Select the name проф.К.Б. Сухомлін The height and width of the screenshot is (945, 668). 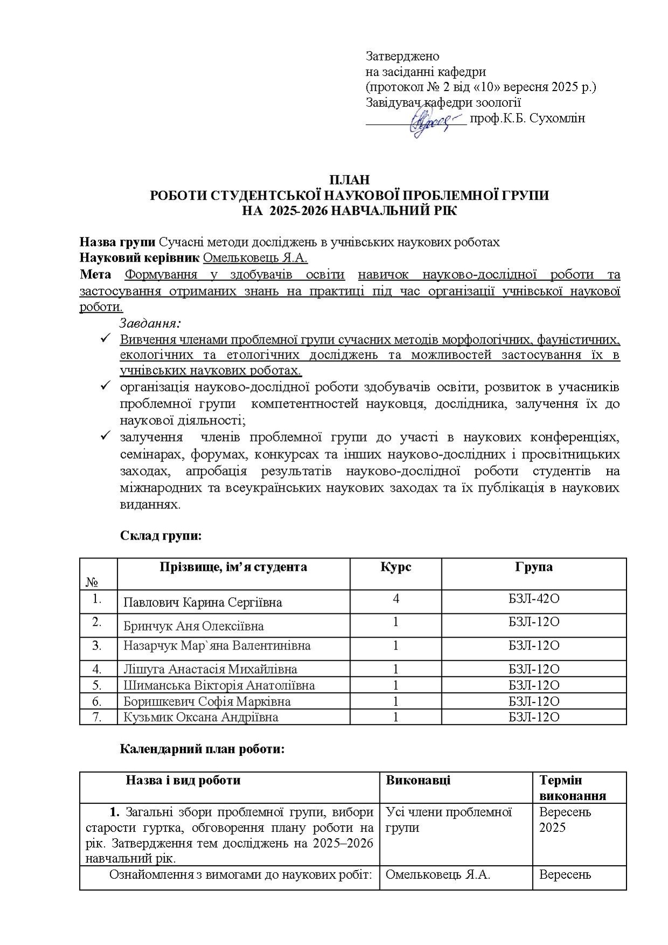point(527,119)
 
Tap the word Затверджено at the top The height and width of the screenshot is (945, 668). point(402,56)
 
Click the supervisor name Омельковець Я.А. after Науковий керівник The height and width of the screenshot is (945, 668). point(255,258)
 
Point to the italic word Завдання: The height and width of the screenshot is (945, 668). point(150,323)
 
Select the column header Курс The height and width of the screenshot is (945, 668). point(395,567)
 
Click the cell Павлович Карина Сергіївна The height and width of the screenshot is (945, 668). point(203,602)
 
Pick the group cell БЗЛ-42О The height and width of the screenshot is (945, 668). point(533,598)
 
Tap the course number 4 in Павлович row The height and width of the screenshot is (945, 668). point(396,598)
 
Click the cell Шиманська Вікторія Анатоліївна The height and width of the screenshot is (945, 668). point(219,685)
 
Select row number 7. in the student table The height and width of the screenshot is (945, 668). point(97,717)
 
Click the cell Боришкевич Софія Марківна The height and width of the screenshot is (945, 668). point(207,701)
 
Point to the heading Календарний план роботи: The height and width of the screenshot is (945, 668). point(202,749)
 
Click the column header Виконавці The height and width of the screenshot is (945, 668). point(418,780)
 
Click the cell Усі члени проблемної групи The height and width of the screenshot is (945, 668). point(449,819)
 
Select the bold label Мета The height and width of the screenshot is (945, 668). point(95,274)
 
